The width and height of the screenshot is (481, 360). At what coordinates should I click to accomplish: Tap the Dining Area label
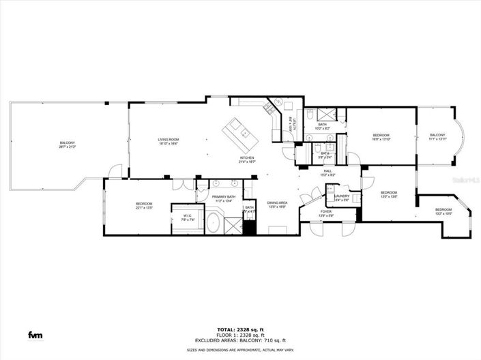tap(276, 205)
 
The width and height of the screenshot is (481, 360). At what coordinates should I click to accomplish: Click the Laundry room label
tap(342, 198)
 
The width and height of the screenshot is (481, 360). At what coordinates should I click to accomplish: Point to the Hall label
tap(327, 173)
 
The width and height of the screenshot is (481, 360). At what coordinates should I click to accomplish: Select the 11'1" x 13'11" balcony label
tap(437, 137)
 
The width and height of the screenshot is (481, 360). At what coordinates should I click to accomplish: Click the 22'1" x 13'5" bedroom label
tap(143, 205)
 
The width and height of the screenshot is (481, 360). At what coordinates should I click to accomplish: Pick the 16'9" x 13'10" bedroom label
tap(381, 138)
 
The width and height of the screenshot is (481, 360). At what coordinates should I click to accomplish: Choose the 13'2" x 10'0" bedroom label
tap(443, 211)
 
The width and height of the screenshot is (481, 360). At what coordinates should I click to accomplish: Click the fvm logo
tap(33, 334)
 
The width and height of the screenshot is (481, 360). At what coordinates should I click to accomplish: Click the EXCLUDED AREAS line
tap(242, 340)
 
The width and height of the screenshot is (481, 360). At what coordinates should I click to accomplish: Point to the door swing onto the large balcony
tap(117, 172)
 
